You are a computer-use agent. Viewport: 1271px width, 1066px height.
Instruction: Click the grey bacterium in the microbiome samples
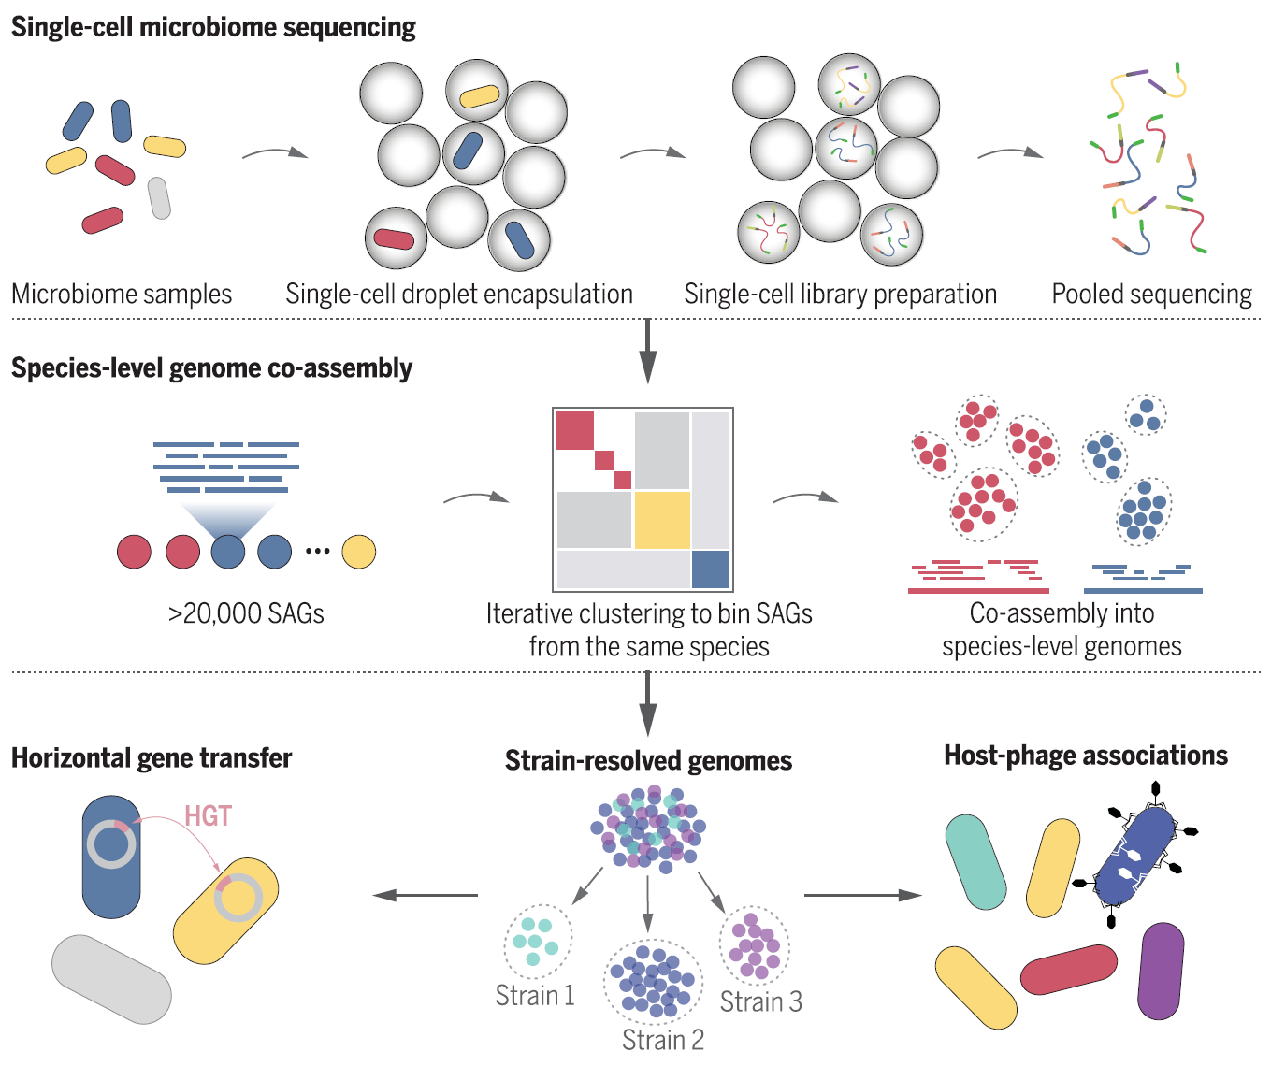tap(159, 198)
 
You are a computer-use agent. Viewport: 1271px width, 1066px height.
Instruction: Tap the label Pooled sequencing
tap(1151, 295)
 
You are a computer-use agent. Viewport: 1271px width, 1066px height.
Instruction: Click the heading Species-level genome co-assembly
tap(211, 368)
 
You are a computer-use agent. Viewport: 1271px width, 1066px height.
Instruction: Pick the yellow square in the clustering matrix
tap(662, 520)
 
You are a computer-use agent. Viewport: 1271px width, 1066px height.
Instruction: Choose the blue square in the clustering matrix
tap(710, 569)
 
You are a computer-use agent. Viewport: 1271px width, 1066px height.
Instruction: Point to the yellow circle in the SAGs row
tap(358, 552)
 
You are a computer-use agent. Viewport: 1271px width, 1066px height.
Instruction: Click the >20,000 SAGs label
tap(246, 614)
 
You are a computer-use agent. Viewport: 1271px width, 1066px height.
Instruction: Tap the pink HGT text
tap(208, 816)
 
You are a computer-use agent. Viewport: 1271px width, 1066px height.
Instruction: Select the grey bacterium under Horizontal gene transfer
tap(111, 978)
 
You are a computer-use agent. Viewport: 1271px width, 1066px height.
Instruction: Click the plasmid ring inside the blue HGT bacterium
tap(111, 844)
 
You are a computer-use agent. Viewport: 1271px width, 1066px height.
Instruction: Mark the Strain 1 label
tap(534, 996)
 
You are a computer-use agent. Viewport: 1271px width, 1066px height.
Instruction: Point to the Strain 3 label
tap(760, 1002)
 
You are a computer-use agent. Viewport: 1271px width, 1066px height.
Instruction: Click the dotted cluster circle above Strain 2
tap(652, 981)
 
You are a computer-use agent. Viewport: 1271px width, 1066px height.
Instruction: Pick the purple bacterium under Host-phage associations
tap(1161, 971)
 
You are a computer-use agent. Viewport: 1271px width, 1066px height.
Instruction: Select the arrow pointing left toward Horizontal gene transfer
tap(426, 896)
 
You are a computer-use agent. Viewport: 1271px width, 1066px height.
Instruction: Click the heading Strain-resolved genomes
tap(648, 761)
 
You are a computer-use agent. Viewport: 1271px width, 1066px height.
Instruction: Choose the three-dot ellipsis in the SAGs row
tap(317, 551)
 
